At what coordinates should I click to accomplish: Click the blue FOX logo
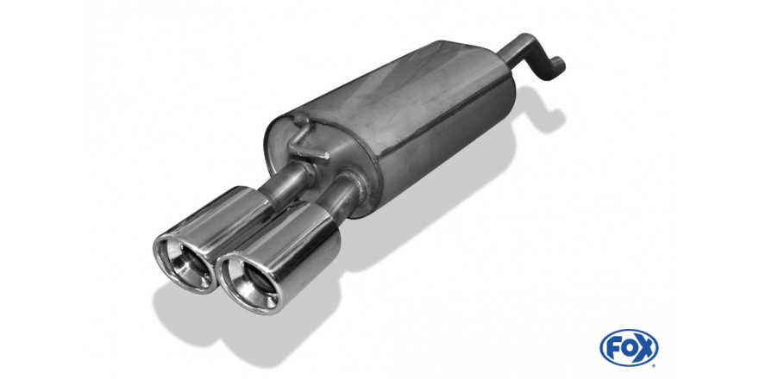pos(629,348)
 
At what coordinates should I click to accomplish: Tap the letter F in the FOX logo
pos(614,348)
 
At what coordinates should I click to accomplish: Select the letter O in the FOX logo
pos(628,348)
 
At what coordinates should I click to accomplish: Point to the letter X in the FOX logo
pos(643,348)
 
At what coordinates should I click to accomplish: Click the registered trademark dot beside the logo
pos(654,365)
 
